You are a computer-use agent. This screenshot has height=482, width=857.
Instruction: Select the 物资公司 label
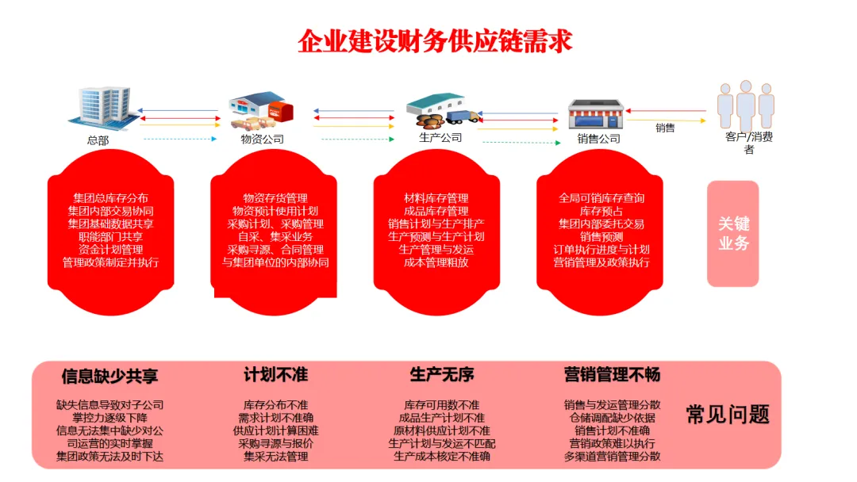(262, 140)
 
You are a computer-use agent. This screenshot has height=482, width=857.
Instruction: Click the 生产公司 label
(440, 137)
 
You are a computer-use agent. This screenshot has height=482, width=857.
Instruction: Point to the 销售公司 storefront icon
(597, 115)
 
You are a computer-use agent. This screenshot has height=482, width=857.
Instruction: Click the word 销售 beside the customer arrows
(665, 128)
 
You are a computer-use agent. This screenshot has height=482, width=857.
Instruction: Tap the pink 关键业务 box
(732, 233)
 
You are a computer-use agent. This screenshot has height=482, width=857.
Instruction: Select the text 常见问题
(728, 414)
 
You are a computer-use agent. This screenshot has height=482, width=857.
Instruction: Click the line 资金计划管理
(110, 249)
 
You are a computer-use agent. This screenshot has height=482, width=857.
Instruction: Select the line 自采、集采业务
(275, 236)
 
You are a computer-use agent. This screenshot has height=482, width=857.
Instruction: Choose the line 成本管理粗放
(436, 262)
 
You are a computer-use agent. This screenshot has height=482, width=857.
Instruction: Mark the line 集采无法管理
(275, 456)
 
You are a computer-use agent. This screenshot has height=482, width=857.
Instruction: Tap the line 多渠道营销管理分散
(612, 456)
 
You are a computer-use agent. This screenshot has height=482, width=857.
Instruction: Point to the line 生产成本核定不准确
(442, 456)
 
